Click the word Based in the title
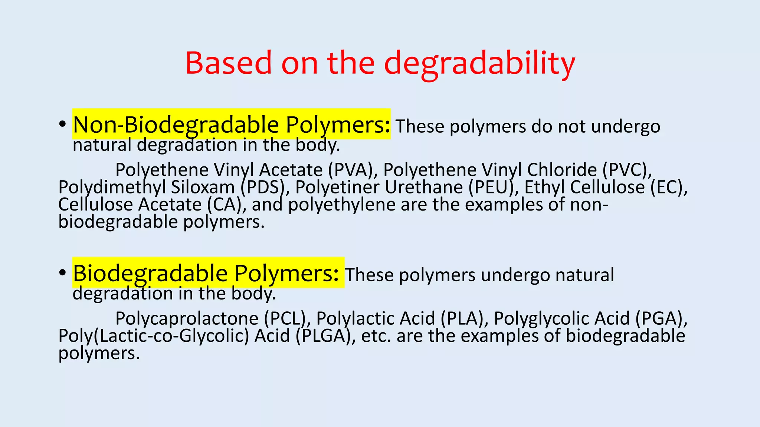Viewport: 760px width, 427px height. pyautogui.click(x=229, y=63)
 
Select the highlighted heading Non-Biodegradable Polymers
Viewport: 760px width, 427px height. pyautogui.click(x=231, y=125)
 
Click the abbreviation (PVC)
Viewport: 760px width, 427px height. pyautogui.click(x=627, y=170)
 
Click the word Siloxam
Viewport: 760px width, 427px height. pyautogui.click(x=203, y=187)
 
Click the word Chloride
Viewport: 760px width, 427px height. pyautogui.click(x=562, y=170)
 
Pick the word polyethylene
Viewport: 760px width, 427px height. pyautogui.click(x=342, y=205)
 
